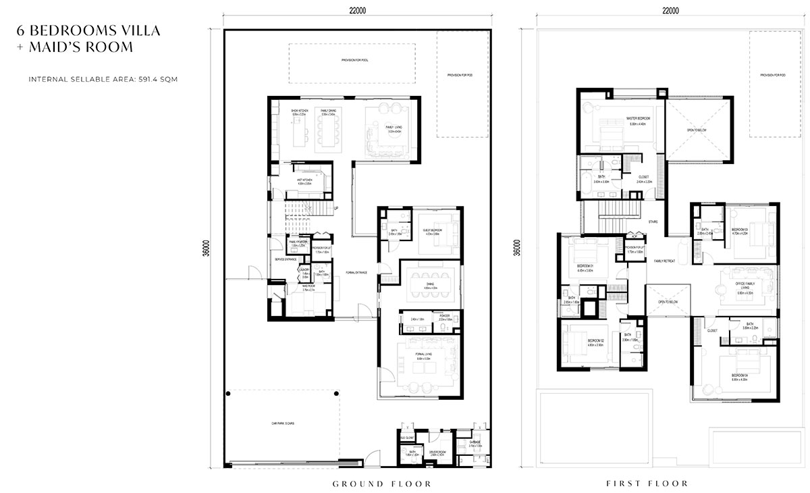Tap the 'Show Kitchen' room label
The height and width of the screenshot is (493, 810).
(x=300, y=111)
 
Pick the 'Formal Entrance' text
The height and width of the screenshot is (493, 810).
(x=356, y=273)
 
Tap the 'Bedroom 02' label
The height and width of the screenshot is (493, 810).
(x=595, y=342)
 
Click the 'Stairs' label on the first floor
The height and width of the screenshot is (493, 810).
(x=652, y=222)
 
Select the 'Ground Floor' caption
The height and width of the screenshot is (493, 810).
(x=382, y=484)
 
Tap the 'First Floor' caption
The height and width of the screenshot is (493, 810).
(x=647, y=484)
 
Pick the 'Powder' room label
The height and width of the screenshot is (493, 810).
(x=445, y=316)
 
